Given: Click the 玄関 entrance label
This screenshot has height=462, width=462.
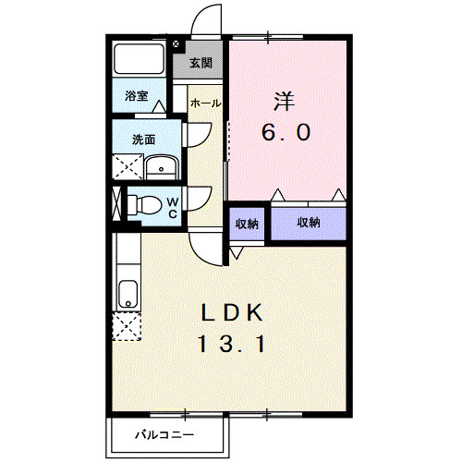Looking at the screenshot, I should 201,64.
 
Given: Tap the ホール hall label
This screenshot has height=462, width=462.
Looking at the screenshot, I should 204,103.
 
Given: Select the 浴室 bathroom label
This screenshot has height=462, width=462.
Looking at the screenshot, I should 138,95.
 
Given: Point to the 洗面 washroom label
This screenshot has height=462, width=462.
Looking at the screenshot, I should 143,140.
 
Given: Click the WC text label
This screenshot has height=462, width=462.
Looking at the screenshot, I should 172,205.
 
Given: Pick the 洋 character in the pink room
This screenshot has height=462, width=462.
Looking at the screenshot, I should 283,98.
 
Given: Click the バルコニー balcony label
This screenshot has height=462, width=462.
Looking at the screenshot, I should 165,433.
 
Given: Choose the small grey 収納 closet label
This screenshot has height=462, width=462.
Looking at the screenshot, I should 246,223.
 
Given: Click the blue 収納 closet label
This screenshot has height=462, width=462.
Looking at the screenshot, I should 309,223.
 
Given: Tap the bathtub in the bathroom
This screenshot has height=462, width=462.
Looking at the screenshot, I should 139,61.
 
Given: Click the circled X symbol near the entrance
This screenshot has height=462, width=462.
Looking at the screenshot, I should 176,43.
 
